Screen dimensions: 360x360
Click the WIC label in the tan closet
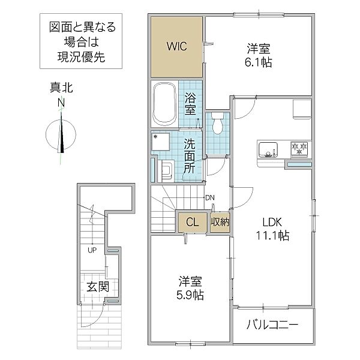(x=176, y=46)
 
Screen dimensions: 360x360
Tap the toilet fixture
(x=217, y=123)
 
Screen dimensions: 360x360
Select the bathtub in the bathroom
(x=164, y=104)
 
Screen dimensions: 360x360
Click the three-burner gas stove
(x=299, y=149)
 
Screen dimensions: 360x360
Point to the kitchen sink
(x=268, y=149)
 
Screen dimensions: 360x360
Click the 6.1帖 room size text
(x=258, y=62)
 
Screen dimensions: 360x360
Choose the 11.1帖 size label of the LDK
(x=272, y=235)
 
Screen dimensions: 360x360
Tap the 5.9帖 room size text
(x=190, y=295)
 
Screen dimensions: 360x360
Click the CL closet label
(x=193, y=222)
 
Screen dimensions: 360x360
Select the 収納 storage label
(x=220, y=222)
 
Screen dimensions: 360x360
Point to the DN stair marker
(x=210, y=197)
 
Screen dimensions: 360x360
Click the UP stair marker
(x=92, y=250)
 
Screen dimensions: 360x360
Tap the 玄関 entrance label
(x=98, y=287)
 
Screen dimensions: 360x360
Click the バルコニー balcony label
(x=272, y=325)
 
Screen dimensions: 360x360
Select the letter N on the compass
(x=61, y=103)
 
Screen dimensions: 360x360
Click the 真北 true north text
(x=61, y=88)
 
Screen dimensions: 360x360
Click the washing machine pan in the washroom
(x=161, y=141)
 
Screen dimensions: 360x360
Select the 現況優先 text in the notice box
(x=81, y=57)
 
